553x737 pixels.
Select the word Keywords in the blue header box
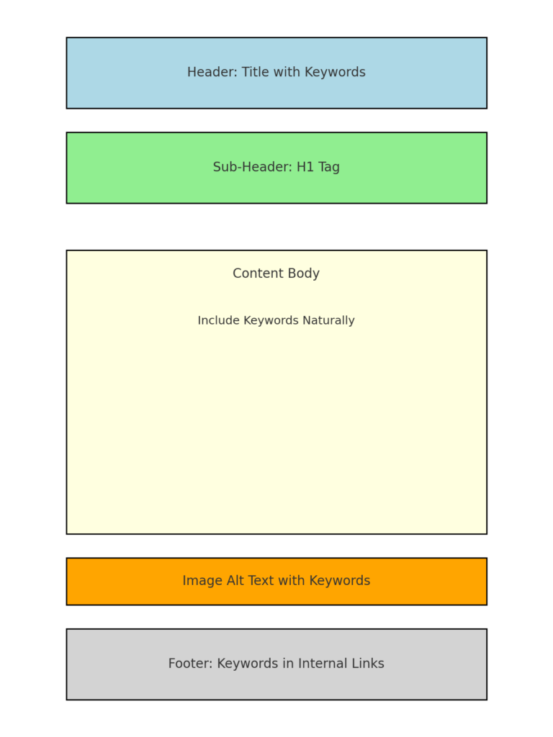335,73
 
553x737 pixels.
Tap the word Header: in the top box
212,72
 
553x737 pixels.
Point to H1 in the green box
305,167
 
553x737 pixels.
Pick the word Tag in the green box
329,167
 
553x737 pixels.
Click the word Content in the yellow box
257,273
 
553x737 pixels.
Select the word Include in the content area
219,320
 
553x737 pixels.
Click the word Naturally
328,320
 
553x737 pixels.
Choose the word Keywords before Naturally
271,320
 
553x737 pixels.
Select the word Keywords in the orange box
340,581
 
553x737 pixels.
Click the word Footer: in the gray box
190,663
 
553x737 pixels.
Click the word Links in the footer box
369,663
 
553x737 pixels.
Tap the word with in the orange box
292,581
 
